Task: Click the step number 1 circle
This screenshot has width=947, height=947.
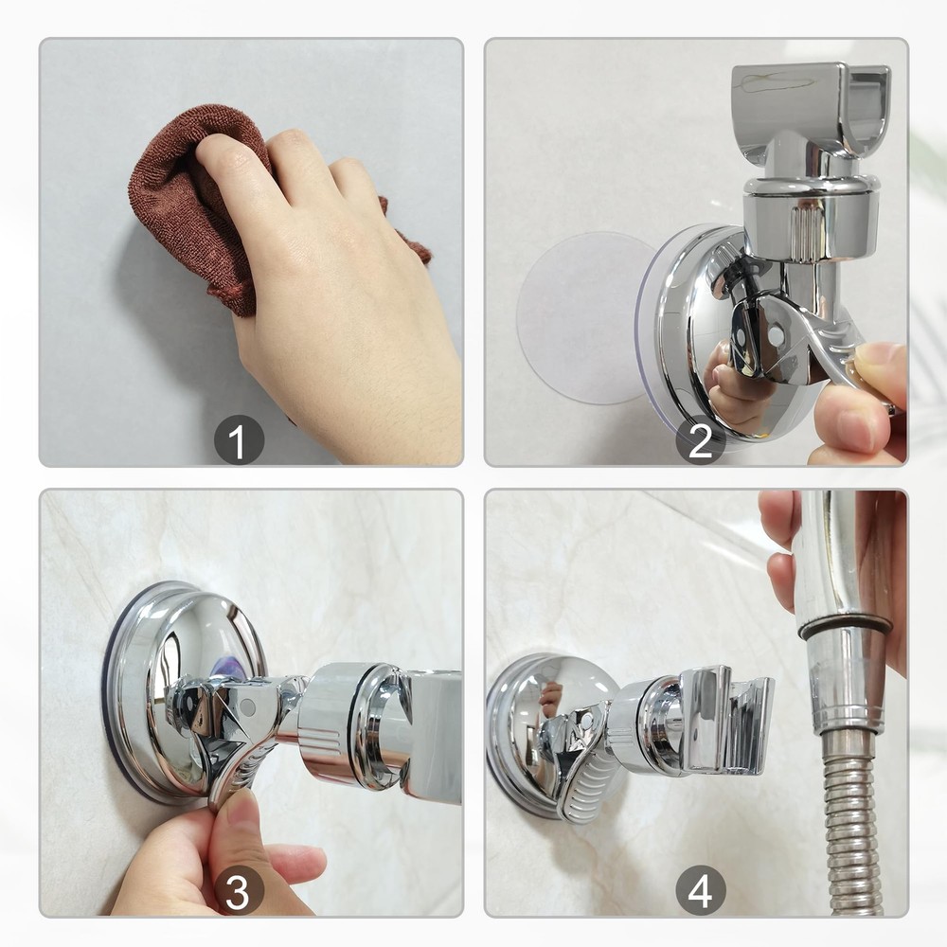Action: coord(238,440)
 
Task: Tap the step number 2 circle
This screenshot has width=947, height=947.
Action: coord(700,440)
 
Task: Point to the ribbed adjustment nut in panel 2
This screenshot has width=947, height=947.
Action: coord(810,223)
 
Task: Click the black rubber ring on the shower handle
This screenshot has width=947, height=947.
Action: coord(843,625)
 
